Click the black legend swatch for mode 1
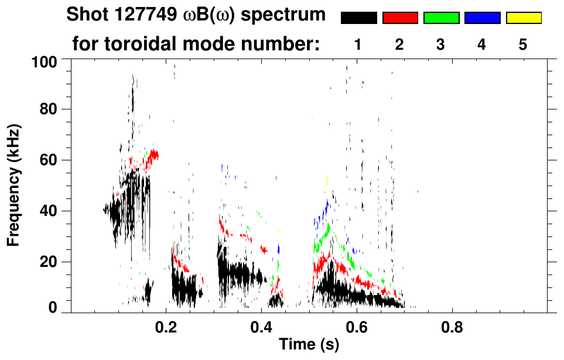click(x=358, y=18)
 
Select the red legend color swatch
click(x=400, y=18)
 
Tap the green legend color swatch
click(x=441, y=18)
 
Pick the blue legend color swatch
click(x=482, y=18)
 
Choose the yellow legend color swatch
click(x=523, y=18)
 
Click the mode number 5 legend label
click(x=523, y=44)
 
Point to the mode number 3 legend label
click(x=441, y=44)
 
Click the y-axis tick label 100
click(x=44, y=61)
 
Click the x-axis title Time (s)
click(x=309, y=345)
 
